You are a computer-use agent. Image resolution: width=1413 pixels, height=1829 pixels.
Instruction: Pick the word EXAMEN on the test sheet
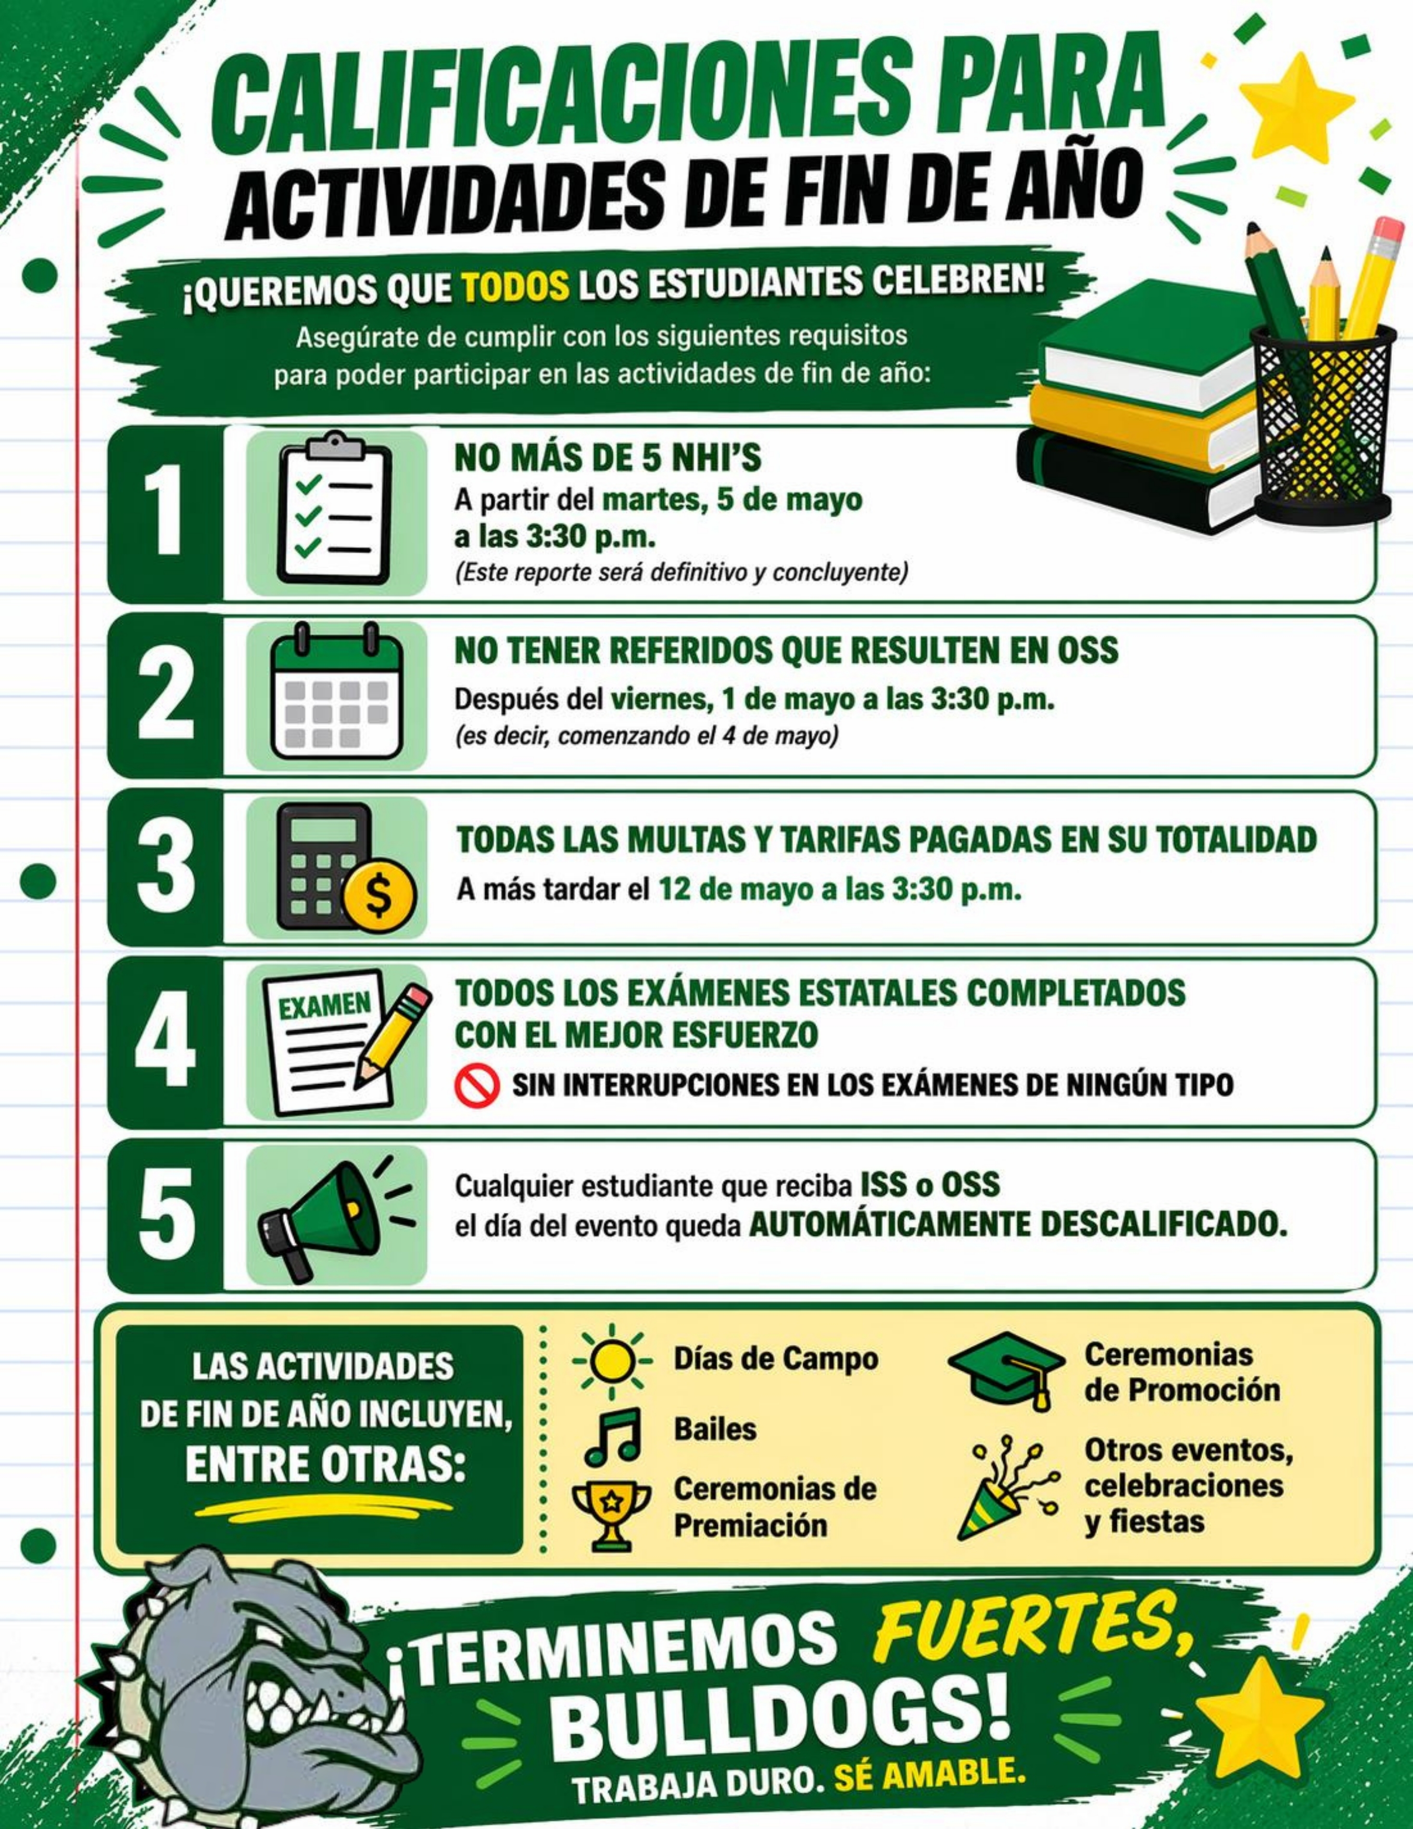click(326, 1005)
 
